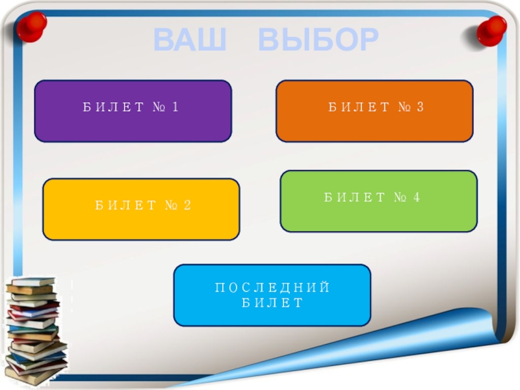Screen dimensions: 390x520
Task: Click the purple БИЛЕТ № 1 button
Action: point(133,111)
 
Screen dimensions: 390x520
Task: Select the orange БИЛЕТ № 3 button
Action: point(374,111)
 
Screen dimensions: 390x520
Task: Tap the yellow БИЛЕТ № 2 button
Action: point(141,209)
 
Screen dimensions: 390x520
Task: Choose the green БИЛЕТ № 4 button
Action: point(378,201)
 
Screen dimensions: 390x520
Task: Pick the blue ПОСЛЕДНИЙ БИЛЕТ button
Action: point(272,295)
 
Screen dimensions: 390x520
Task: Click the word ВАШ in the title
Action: point(191,40)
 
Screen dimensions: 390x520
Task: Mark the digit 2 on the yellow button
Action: point(187,205)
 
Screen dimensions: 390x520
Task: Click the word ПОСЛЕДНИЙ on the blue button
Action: point(272,288)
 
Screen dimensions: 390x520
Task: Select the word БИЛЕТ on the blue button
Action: point(272,303)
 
